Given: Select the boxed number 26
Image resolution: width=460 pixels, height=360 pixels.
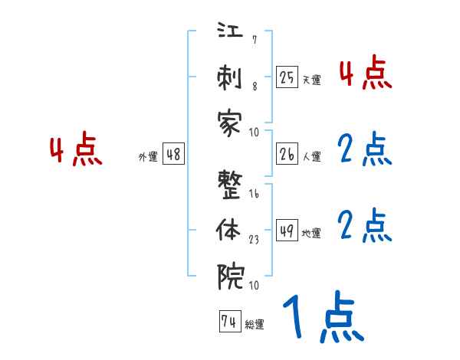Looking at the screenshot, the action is coord(287,154).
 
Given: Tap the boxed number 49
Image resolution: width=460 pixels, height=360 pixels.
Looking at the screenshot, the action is coord(287,231).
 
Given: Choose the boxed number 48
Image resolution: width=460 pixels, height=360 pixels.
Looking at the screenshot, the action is coord(173,154).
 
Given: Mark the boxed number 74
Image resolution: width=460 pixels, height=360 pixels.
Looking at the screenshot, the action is coord(228,322).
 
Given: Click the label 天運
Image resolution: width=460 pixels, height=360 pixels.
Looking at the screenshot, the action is coord(311,79).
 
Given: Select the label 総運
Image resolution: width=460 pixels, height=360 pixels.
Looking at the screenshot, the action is coord(255,325).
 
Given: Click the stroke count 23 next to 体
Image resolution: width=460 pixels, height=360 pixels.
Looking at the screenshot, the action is coord(253,239).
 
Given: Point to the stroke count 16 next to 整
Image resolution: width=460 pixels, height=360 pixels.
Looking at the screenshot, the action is coord(253,195).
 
